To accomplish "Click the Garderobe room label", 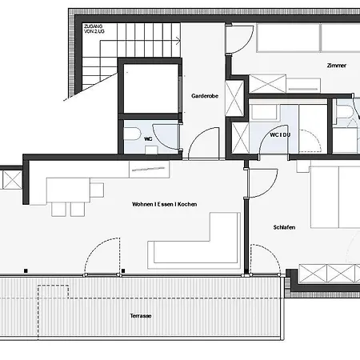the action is pos(205,96).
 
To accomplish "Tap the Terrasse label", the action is pos(141,316).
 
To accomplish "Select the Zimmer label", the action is pos(337,66).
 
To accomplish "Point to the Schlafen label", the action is pos(284,227).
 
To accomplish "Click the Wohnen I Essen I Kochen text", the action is pos(165,204).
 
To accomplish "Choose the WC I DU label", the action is pos(280,135).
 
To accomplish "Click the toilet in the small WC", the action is pos(132,134).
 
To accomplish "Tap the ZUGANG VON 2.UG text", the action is pos(94,29).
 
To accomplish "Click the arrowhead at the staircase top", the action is pos(178,41).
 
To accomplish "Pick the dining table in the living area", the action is pos(68,190).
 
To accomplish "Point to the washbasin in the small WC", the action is pos(151,150).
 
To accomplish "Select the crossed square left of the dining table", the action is pos(12,180).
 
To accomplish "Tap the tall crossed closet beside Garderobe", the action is pos(234,98).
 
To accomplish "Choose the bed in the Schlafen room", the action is pos(335,197).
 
